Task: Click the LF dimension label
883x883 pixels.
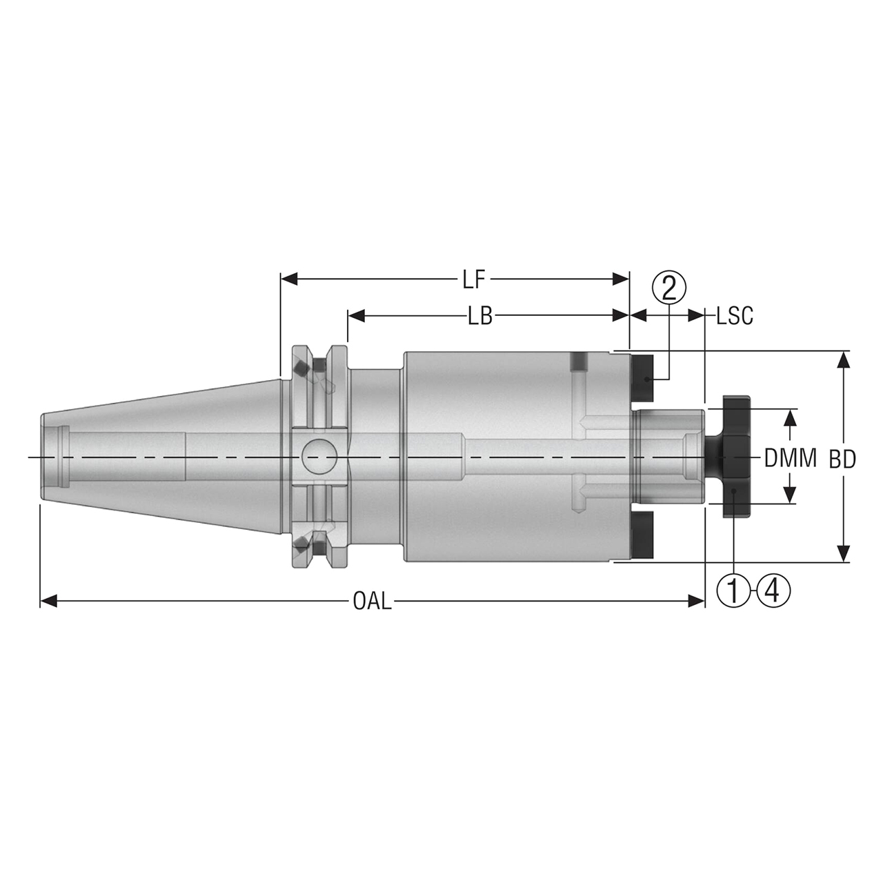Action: (474, 279)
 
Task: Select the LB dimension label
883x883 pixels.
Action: (479, 317)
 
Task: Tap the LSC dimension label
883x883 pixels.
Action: (734, 317)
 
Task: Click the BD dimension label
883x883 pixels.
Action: (842, 459)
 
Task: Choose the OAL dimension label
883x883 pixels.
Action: (372, 602)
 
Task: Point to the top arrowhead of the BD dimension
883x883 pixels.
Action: (842, 359)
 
